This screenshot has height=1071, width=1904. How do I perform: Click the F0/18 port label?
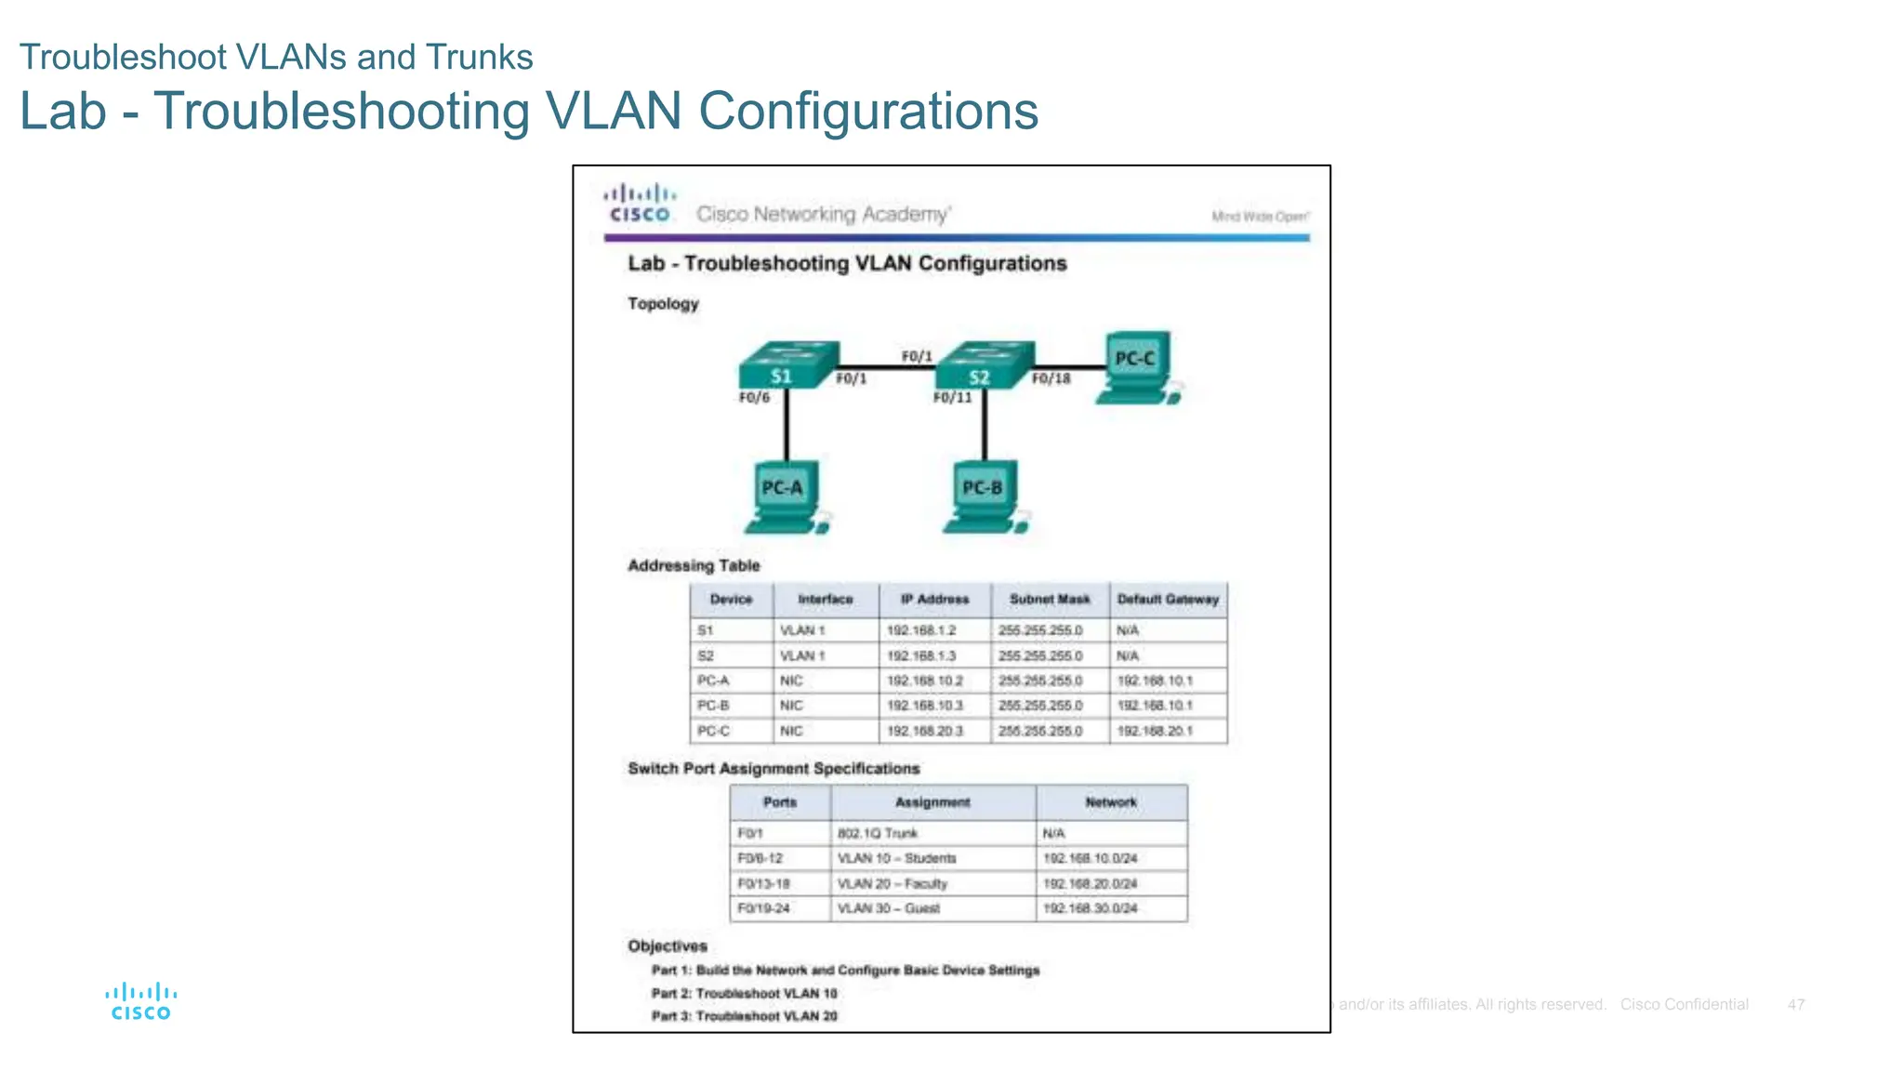1051,378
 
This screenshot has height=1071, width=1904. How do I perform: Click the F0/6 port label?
754,398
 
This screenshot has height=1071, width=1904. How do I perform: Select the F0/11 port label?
952,398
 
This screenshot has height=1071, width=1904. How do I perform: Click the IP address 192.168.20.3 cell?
924,731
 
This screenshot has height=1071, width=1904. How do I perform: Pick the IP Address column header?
934,600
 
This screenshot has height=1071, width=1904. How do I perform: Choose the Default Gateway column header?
1168,600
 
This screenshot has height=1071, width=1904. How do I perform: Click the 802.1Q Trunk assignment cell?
877,833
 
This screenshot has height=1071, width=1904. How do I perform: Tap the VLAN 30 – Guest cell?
888,908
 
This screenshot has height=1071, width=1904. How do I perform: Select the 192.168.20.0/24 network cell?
1090,883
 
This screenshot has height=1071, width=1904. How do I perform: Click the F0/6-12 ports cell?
760,858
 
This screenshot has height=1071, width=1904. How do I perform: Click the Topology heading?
663,304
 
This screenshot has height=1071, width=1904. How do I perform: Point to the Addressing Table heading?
694,565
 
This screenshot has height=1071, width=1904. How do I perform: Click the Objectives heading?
667,945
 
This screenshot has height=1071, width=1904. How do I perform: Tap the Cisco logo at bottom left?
140,1001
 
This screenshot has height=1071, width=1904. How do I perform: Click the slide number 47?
1795,1004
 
